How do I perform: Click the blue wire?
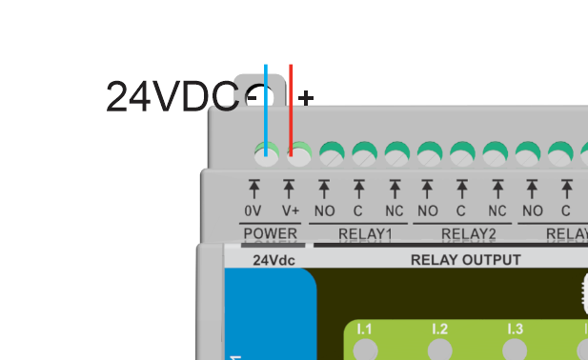coord(266,105)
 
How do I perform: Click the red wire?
coord(291,105)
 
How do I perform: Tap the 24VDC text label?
coord(172,97)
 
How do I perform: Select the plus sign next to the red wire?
coord(306,97)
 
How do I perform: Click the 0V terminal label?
coord(253,210)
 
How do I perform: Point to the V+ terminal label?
coord(290,210)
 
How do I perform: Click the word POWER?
coord(271,233)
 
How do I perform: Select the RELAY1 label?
coord(365,233)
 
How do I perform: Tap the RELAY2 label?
coord(469,233)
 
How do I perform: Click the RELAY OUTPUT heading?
coord(465,260)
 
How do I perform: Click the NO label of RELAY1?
coord(324,210)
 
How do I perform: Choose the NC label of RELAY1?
coord(394,210)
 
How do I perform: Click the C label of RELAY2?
coord(460,210)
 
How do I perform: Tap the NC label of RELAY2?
coord(497,210)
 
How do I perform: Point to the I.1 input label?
coord(364,330)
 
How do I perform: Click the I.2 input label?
coord(439,330)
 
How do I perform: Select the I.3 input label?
coord(515,330)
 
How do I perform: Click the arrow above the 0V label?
coord(253,188)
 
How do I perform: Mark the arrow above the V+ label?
coord(290,188)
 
